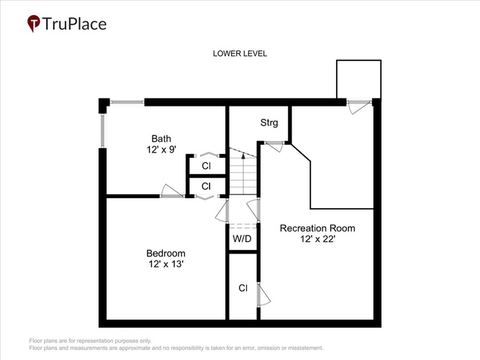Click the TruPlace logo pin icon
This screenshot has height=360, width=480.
34,23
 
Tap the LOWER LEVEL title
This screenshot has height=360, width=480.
240,53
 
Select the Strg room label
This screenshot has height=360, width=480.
269,122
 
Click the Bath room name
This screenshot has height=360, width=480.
161,138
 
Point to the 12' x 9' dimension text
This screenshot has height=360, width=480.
161,150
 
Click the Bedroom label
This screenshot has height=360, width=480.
166,253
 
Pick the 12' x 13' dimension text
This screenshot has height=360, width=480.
166,264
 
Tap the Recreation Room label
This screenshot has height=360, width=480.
317,228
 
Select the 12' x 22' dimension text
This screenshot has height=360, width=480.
318,238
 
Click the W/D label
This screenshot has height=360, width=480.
242,238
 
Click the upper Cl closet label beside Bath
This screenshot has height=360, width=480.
207,166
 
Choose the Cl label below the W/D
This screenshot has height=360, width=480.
243,288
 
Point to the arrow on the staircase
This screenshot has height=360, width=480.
243,156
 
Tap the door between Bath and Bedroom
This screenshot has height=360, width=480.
172,192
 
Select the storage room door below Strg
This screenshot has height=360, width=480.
275,146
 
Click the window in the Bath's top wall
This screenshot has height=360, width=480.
127,102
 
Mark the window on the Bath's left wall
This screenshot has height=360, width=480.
103,131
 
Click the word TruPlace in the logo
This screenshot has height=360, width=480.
74,24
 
